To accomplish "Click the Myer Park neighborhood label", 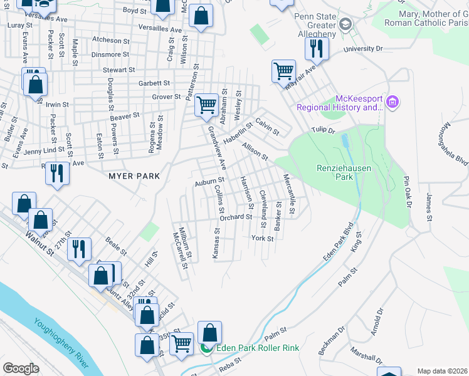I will click(134, 177).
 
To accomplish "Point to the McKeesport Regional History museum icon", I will click(393, 102).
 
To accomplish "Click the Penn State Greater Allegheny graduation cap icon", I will click(344, 24).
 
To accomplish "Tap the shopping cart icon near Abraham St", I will click(206, 104).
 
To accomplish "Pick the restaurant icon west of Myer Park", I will click(58, 172).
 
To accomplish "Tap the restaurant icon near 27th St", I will click(80, 248).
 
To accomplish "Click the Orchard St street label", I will click(235, 217).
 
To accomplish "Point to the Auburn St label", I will click(209, 182).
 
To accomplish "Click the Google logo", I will click(21, 368).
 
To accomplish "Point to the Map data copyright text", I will click(441, 371).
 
